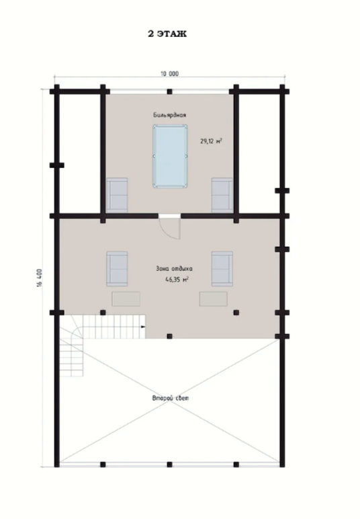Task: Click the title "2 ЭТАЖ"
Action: (167, 34)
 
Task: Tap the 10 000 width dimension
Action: (169, 74)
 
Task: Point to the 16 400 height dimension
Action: (40, 278)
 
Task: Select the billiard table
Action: (170, 156)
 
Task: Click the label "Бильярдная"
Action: (169, 115)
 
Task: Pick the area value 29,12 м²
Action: (211, 141)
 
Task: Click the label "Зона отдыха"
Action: (174, 269)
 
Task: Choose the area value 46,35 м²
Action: (177, 280)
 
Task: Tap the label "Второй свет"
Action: (171, 398)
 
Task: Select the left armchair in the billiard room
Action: (117, 195)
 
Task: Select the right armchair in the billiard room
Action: (222, 195)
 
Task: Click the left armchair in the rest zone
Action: (117, 269)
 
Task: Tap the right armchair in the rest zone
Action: (222, 269)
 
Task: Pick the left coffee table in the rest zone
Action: (126, 299)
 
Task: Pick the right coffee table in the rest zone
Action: (213, 299)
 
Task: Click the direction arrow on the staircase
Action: (143, 327)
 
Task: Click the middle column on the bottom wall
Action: (169, 465)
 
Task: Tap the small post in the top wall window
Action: (169, 91)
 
